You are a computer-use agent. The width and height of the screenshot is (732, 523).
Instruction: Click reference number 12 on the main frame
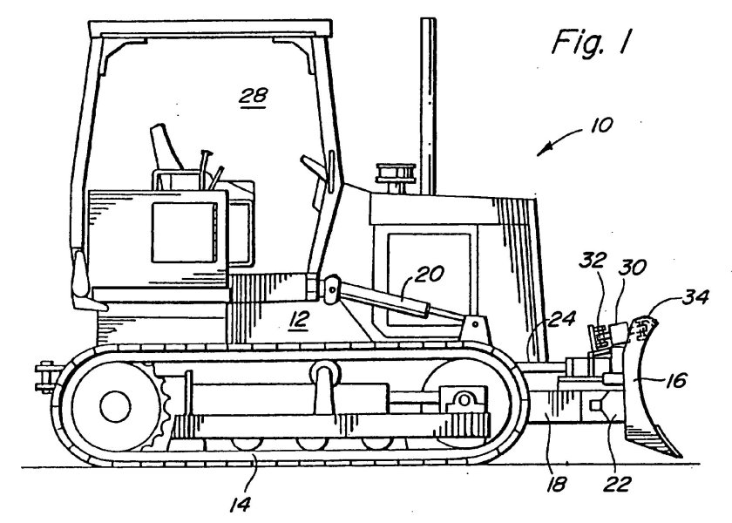(x=298, y=321)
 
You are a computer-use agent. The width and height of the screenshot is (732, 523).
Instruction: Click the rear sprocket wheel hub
(x=113, y=404)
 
